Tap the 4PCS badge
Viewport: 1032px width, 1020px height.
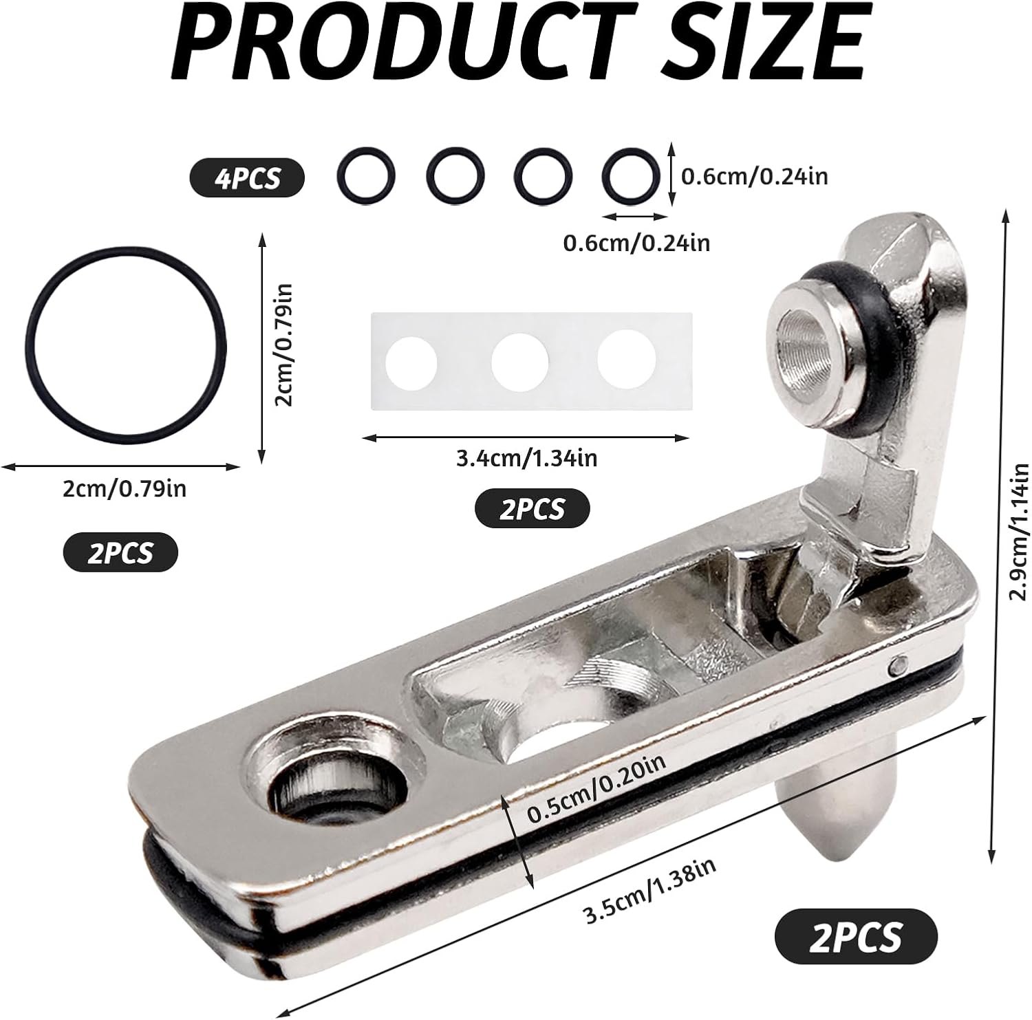click(247, 178)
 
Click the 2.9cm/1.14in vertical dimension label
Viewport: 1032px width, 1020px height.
click(1019, 532)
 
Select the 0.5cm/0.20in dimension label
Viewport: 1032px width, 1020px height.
click(596, 787)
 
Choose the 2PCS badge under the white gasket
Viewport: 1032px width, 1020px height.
click(532, 509)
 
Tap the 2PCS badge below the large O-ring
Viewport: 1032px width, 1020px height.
click(120, 552)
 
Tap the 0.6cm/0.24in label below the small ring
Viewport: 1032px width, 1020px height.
click(636, 243)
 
